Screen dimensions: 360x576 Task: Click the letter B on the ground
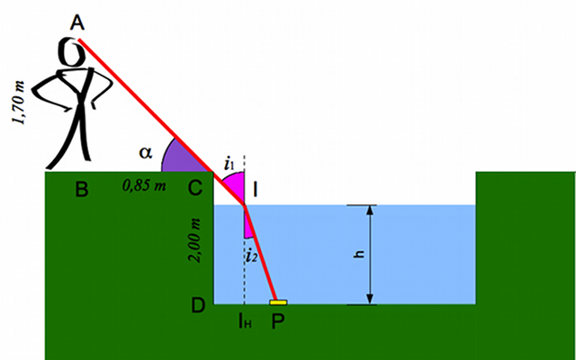coord(81,189)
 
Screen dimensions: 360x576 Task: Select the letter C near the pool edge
coord(194,189)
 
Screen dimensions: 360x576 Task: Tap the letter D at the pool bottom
coord(199,306)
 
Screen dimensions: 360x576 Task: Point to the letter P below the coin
coord(278,321)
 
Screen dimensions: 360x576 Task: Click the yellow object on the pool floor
coord(278,302)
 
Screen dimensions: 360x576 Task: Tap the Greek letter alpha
coord(146,152)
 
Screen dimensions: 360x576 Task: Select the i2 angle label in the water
coord(254,256)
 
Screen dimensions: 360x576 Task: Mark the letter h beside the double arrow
coord(358,255)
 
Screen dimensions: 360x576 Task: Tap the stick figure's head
coord(75,51)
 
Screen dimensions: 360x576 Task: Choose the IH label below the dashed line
coord(244,320)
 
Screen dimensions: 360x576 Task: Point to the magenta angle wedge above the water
coord(234,186)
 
